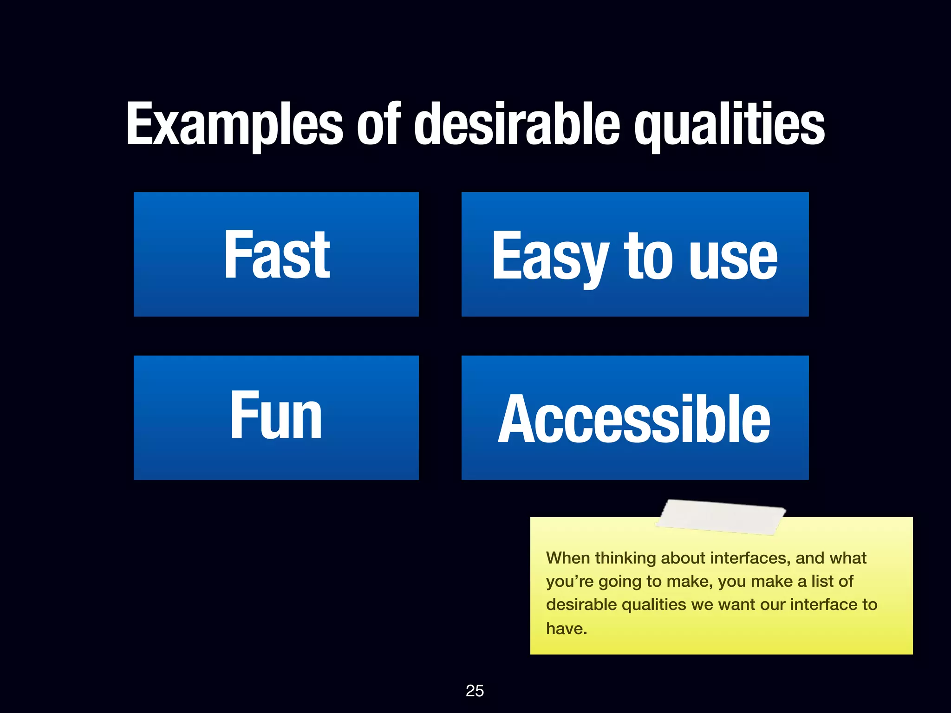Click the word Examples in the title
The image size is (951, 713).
[x=234, y=124]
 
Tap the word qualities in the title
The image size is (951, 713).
[x=730, y=124]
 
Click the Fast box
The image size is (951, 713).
[x=276, y=254]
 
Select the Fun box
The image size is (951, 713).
[x=276, y=417]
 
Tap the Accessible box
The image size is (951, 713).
[x=635, y=417]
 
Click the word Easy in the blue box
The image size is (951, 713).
[x=550, y=256]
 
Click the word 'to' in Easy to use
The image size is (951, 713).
[x=648, y=256]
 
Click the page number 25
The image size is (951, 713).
[x=475, y=691]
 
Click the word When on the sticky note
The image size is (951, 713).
[x=568, y=558]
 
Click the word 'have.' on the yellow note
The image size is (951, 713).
[x=567, y=629]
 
